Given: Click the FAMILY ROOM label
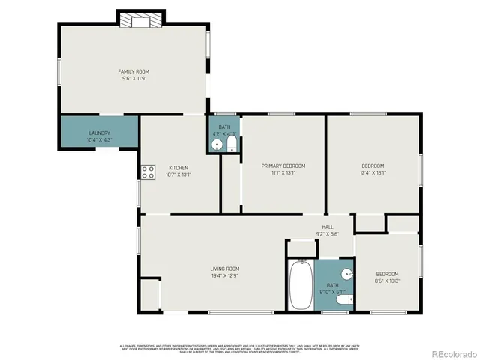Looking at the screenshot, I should [133, 71].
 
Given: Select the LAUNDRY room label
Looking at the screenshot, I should [99, 133].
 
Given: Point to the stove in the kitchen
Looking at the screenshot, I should [146, 172].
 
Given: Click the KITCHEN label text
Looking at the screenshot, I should [178, 168].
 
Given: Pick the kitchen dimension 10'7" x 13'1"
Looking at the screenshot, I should [178, 175].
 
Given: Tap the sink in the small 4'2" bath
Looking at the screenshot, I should [217, 144].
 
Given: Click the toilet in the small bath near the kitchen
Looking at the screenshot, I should [232, 142].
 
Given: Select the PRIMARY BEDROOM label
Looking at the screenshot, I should [283, 166].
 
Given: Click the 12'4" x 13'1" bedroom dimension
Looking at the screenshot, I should [373, 172].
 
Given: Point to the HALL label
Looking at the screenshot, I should [328, 226].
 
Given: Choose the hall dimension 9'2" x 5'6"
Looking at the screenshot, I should [328, 233].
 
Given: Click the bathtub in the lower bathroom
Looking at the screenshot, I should [301, 284].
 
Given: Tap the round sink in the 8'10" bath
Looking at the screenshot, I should [346, 274].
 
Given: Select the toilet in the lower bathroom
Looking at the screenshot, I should [343, 300].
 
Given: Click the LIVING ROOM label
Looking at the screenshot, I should [224, 268].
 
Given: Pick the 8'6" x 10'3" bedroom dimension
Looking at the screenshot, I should [387, 280].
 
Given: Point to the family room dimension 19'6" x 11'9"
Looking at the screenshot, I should [133, 78].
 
